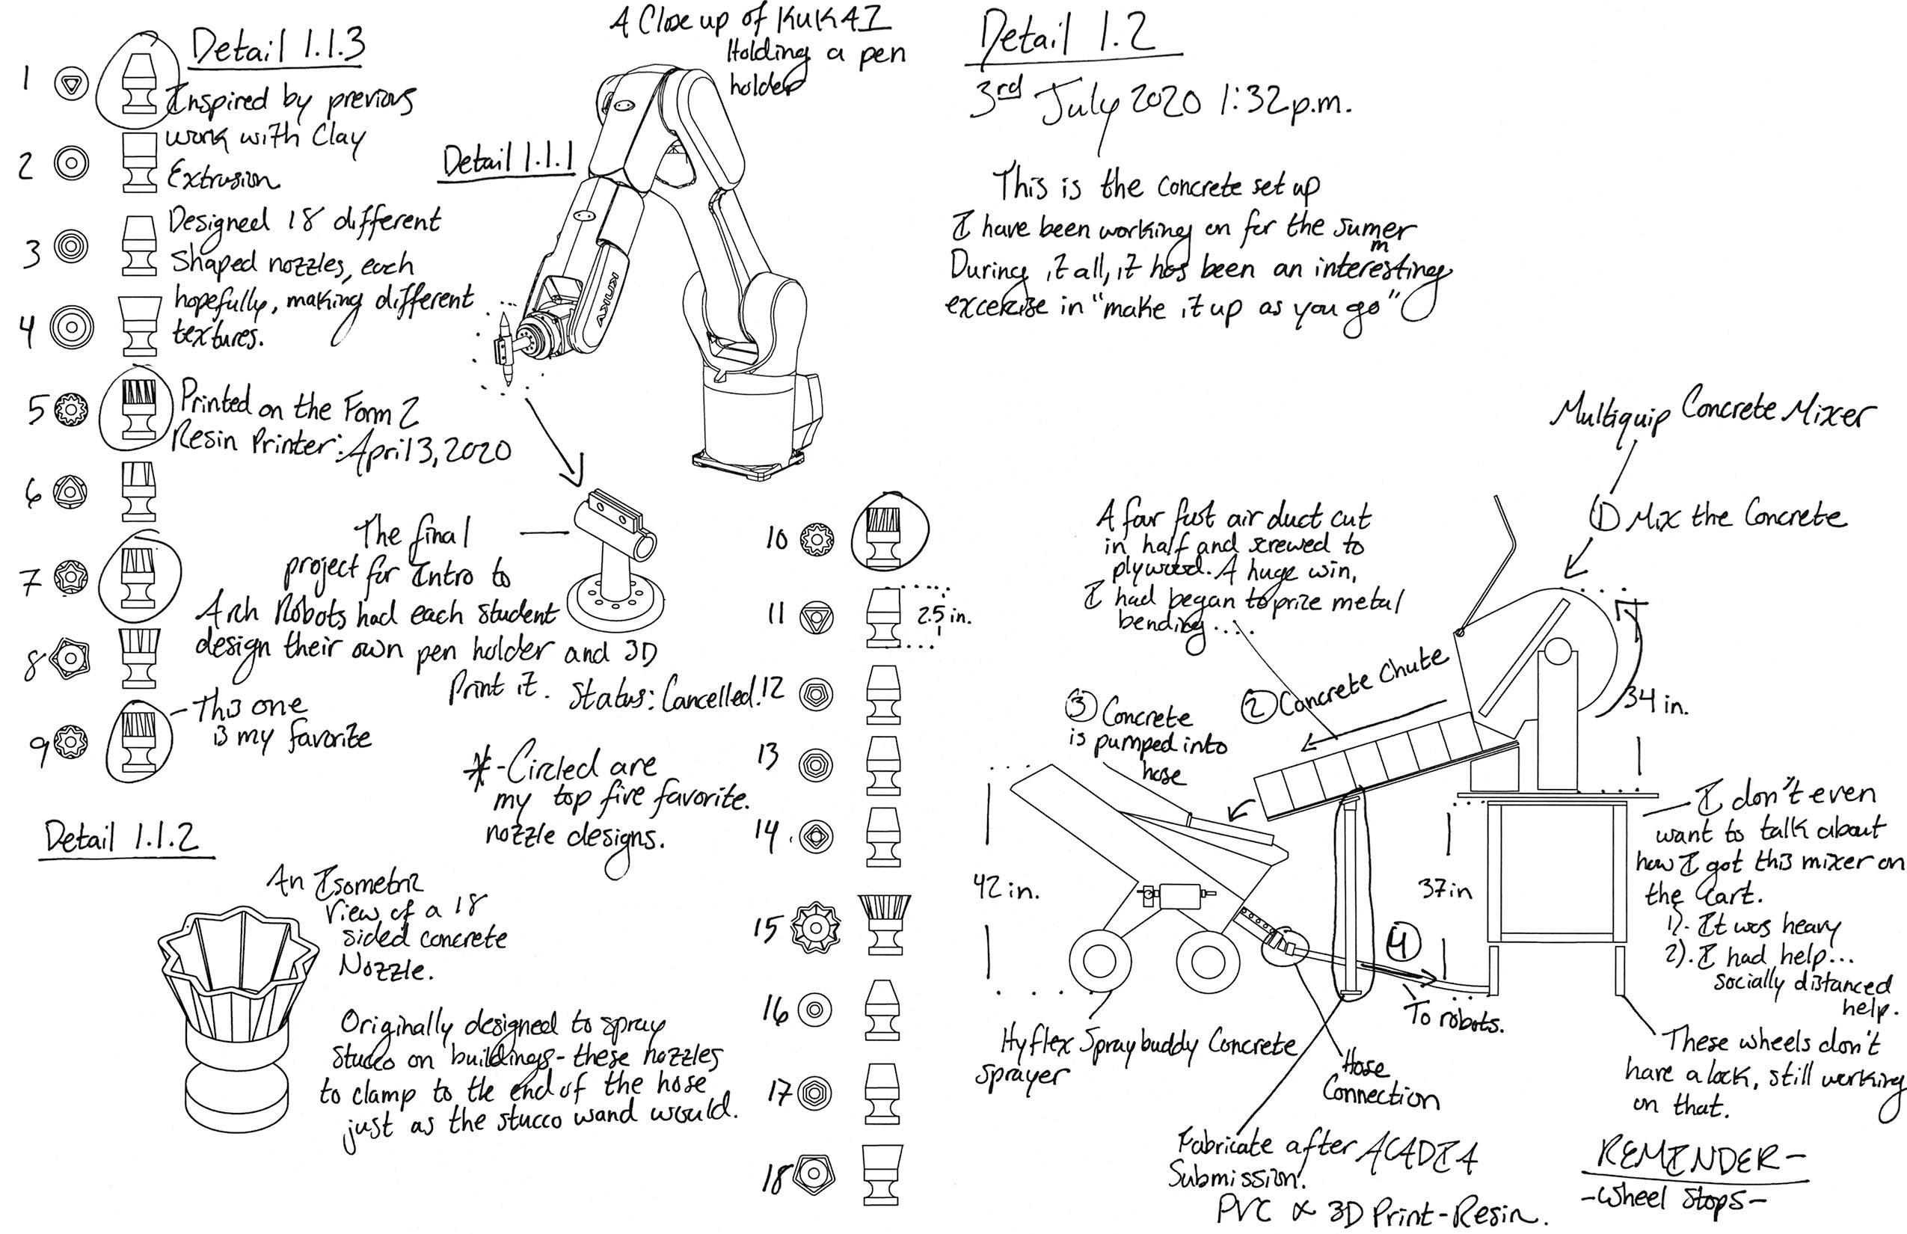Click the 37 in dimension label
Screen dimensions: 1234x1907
pyautogui.click(x=1446, y=889)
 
